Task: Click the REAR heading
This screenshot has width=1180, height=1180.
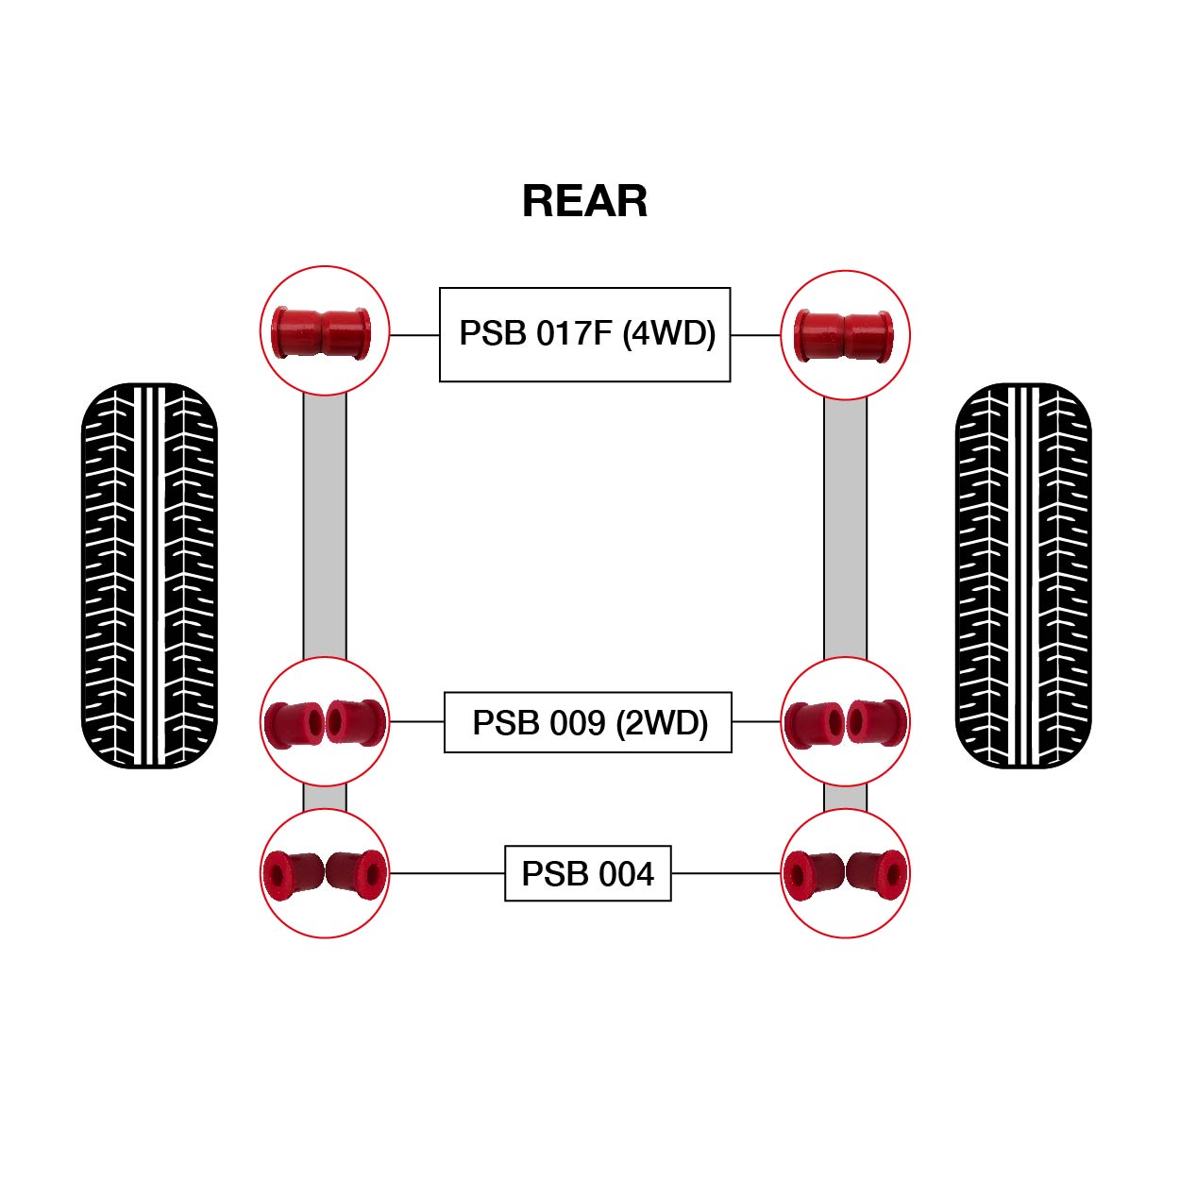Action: [584, 201]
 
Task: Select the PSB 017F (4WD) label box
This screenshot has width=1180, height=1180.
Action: [584, 334]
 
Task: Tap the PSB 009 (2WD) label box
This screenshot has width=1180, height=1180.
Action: [587, 722]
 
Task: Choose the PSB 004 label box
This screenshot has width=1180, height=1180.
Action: [587, 873]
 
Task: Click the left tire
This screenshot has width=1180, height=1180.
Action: [150, 575]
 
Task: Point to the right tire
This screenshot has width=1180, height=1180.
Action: [1023, 575]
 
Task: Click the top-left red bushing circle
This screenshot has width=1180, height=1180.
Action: [325, 330]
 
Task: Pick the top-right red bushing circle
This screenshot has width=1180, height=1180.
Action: [845, 334]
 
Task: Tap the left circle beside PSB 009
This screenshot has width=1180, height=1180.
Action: [325, 721]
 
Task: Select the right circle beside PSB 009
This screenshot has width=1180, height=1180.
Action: [845, 721]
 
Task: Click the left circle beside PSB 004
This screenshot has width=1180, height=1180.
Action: [325, 873]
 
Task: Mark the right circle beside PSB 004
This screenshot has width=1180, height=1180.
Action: [845, 873]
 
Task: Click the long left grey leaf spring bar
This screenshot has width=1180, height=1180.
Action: [325, 525]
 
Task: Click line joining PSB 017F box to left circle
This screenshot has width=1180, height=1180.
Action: [414, 334]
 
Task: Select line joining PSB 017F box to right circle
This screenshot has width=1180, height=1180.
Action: [755, 334]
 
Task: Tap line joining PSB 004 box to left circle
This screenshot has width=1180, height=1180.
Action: [447, 873]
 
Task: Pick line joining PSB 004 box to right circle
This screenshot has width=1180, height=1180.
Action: [726, 873]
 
